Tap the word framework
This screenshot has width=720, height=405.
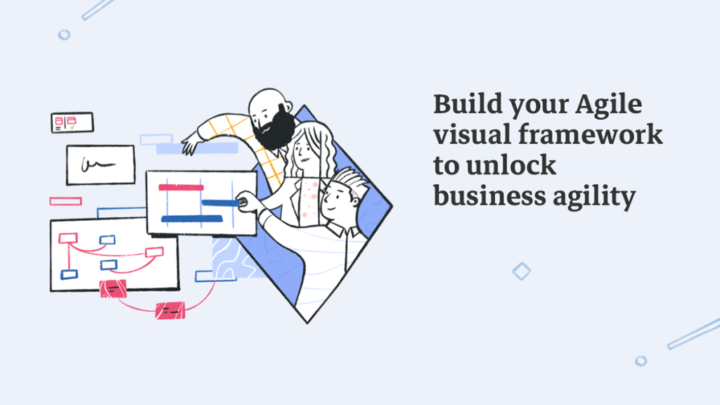pos(591,135)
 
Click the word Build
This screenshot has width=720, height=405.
pos(468,104)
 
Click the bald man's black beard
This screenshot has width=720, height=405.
pos(275,129)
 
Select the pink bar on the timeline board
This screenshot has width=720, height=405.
pos(181,187)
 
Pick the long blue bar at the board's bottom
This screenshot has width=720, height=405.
pos(192,219)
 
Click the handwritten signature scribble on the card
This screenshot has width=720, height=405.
pos(97,165)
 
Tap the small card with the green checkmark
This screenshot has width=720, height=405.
pos(72,122)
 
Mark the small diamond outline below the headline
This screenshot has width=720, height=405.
pos(522,271)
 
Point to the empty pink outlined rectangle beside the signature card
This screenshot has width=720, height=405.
pos(65,201)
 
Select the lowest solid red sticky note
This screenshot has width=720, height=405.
pos(170,310)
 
